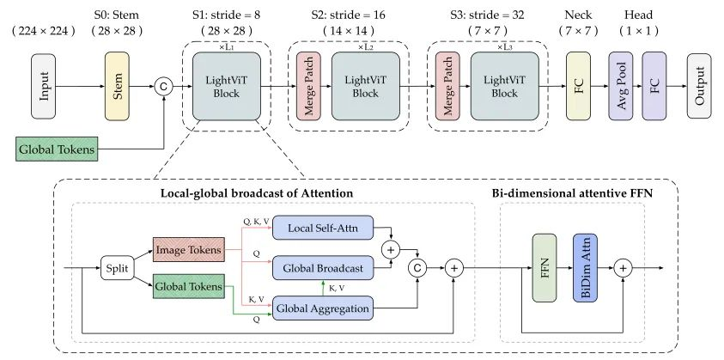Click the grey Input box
(44, 86)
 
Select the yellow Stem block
(117, 86)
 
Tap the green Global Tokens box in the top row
(57, 149)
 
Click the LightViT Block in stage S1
(227, 86)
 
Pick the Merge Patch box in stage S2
(308, 86)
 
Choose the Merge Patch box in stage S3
(447, 86)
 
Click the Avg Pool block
(621, 86)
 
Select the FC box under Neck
(579, 86)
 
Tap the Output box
(699, 86)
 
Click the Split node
(118, 268)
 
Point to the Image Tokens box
(188, 249)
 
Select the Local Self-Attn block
(323, 228)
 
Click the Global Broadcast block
(323, 268)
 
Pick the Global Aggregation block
(323, 308)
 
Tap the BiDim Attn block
(585, 268)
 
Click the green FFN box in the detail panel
(545, 268)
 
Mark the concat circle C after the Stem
(163, 87)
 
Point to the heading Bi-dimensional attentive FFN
(573, 193)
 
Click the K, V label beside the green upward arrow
(336, 288)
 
